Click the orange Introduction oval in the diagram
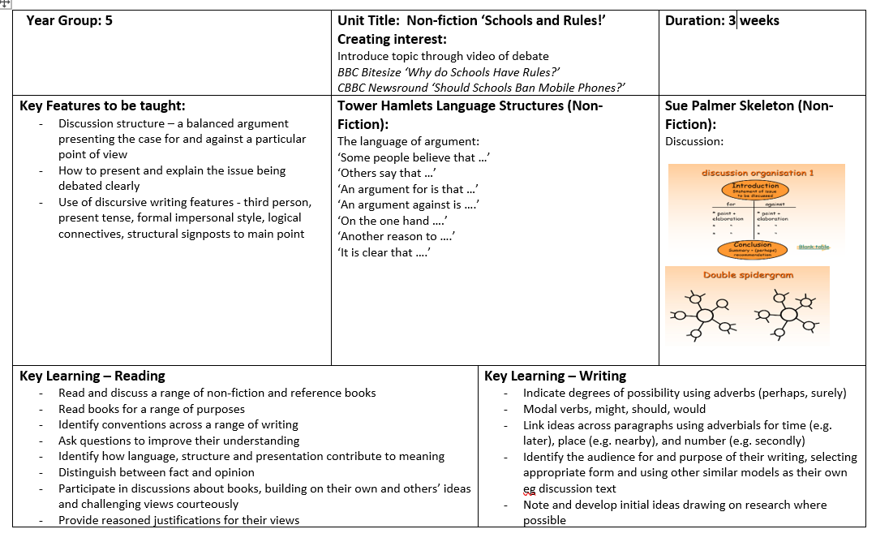click(754, 189)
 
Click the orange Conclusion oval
click(752, 247)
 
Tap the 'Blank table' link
click(814, 247)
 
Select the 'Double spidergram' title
click(748, 275)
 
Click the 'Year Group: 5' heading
click(69, 21)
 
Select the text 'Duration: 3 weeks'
click(721, 21)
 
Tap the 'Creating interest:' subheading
click(392, 39)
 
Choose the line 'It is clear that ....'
click(384, 252)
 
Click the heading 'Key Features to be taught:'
click(102, 105)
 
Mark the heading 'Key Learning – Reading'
click(92, 376)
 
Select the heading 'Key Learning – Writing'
click(555, 376)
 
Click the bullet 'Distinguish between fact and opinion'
click(156, 472)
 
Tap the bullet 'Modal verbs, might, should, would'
click(614, 409)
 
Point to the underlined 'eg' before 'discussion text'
click(530, 488)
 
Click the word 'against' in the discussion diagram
click(775, 205)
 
